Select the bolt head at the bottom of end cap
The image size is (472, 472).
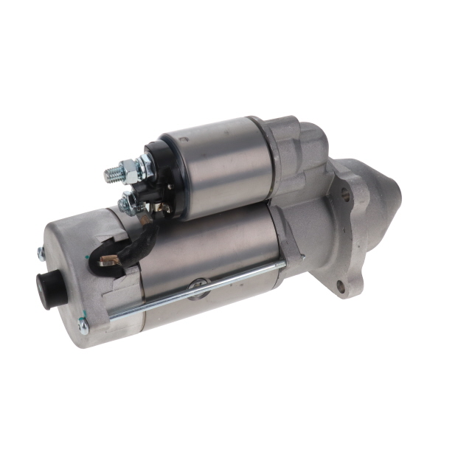click(x=83, y=324)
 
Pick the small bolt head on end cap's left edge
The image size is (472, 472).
click(x=41, y=253)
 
